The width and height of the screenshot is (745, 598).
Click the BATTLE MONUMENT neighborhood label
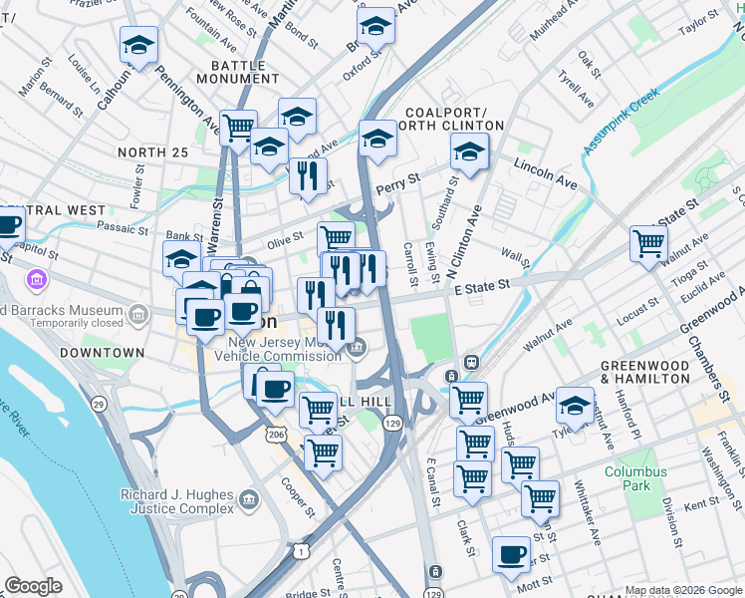pyautogui.click(x=231, y=71)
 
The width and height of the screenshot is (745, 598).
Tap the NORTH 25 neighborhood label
pyautogui.click(x=152, y=151)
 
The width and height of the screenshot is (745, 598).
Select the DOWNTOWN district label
pyautogui.click(x=96, y=354)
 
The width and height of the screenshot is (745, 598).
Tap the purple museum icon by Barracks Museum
pyautogui.click(x=38, y=277)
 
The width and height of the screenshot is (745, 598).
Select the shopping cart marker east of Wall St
pyautogui.click(x=648, y=242)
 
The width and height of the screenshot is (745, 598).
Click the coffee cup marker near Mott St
pyautogui.click(x=512, y=554)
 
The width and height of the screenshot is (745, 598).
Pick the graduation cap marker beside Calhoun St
pyautogui.click(x=139, y=45)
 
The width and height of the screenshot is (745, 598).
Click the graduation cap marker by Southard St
pyautogui.click(x=469, y=151)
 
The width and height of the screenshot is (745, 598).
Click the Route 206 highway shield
pyautogui.click(x=276, y=435)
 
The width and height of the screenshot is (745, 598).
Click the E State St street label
pyautogui.click(x=481, y=285)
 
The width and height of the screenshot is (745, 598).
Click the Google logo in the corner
pyautogui.click(x=33, y=586)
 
